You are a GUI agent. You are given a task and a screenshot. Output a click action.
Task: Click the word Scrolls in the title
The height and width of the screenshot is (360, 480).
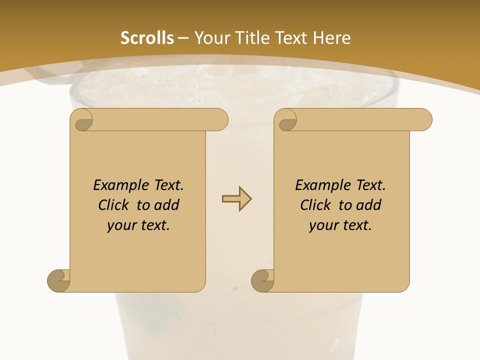(147, 38)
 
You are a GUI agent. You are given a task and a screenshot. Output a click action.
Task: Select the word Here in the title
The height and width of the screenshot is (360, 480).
(331, 38)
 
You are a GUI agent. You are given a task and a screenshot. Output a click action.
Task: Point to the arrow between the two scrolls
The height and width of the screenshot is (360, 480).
(236, 199)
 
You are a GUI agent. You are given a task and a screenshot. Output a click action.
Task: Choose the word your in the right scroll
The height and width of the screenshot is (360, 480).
(323, 225)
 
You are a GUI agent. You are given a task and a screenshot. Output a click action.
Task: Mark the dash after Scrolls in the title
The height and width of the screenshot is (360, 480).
(183, 38)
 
